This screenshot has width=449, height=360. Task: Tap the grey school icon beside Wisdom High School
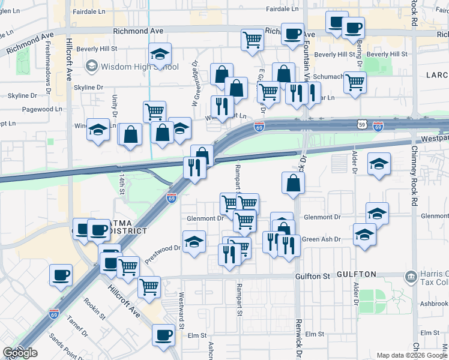(92, 65)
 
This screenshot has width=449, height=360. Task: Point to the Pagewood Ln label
(42, 109)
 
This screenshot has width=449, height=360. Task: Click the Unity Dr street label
(114, 105)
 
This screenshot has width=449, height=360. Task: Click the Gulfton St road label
(313, 276)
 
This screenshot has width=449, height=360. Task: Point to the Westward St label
(181, 306)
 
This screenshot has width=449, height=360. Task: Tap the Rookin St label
(95, 308)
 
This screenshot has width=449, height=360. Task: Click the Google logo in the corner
(20, 353)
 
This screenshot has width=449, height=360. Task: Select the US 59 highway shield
(361, 124)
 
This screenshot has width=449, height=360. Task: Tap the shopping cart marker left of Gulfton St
(148, 286)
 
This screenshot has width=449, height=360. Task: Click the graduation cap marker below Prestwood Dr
(194, 242)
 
